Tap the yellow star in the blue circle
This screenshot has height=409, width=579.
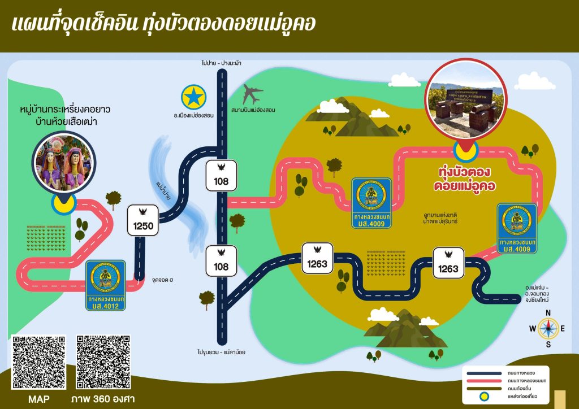(x=194, y=98)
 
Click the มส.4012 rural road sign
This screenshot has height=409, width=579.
(x=106, y=285)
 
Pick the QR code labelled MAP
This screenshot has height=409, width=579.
(x=39, y=362)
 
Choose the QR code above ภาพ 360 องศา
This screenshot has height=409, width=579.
(x=103, y=362)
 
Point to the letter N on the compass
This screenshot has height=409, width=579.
(x=547, y=314)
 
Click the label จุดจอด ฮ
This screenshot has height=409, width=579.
(x=162, y=280)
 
